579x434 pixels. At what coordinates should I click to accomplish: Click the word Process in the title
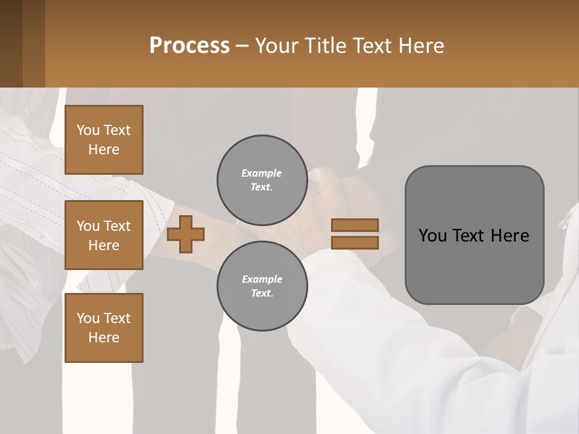click(x=189, y=45)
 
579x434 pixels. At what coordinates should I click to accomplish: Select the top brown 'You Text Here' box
click(x=104, y=140)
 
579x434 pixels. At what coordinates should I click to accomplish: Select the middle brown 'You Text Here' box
click(x=104, y=235)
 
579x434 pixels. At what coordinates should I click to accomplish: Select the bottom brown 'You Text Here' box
click(x=104, y=328)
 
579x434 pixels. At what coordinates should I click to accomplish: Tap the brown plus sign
click(x=186, y=234)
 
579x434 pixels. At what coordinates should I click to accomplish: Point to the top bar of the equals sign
click(x=355, y=225)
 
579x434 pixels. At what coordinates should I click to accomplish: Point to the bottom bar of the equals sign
click(x=355, y=242)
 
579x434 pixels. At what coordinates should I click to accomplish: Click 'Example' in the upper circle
click(x=262, y=173)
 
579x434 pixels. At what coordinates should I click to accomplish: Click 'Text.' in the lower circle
click(x=262, y=294)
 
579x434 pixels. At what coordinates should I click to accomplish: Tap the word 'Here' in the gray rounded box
click(x=510, y=236)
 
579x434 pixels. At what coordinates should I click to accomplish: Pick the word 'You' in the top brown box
click(x=88, y=130)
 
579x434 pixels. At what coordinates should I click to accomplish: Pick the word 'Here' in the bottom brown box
click(x=104, y=338)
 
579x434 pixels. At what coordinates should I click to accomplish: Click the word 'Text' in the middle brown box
click(x=118, y=226)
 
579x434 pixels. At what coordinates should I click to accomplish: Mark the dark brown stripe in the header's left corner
click(x=11, y=43)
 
